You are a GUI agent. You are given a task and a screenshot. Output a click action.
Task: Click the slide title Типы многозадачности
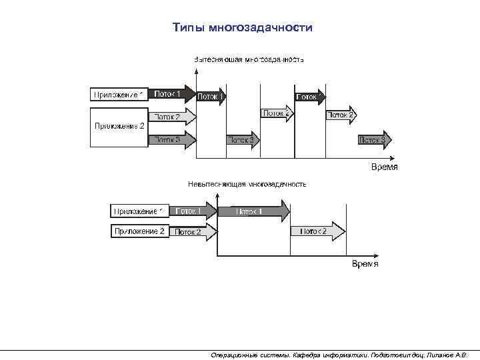(242, 28)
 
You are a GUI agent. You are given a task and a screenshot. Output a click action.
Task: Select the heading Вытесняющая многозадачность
(249, 59)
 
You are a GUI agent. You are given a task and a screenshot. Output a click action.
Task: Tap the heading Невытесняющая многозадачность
(247, 183)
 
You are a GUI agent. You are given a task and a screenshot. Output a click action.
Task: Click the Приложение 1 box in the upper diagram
(119, 95)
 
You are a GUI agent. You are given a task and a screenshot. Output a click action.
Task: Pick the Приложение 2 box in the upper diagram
(119, 126)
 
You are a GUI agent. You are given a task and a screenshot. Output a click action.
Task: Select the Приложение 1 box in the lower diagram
(139, 211)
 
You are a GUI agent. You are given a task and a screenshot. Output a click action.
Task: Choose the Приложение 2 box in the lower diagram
(139, 231)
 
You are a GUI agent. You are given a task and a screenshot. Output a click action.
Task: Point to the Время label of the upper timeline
(384, 167)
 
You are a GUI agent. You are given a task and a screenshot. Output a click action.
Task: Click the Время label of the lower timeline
(365, 264)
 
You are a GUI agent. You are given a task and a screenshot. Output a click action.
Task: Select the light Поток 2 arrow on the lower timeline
(317, 231)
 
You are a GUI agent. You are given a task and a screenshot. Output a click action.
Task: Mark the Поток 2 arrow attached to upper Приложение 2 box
(172, 117)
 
